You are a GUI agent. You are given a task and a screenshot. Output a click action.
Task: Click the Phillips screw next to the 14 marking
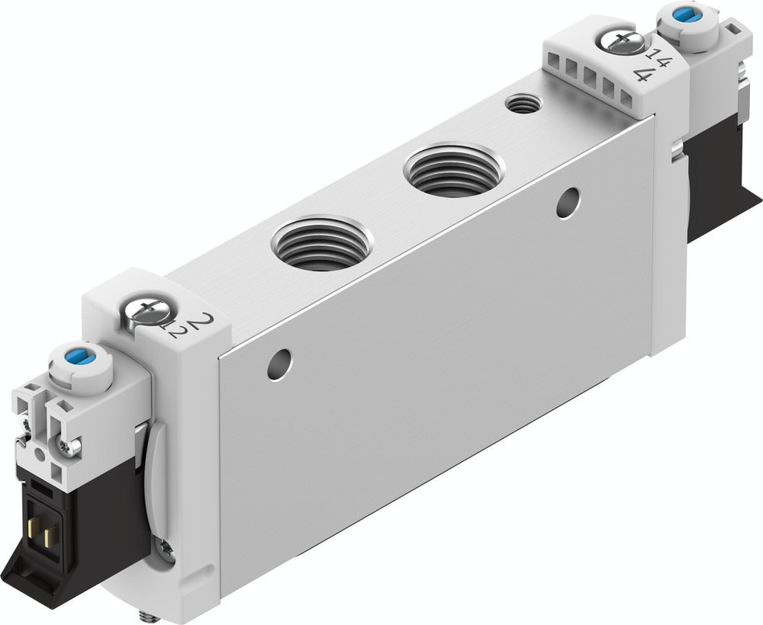pyautogui.click(x=619, y=40)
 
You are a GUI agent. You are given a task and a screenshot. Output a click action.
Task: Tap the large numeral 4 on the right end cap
pyautogui.click(x=642, y=75)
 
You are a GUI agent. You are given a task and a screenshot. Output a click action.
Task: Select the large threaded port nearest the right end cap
pyautogui.click(x=453, y=169)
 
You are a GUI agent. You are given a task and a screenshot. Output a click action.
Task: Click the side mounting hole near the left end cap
pyautogui.click(x=280, y=364)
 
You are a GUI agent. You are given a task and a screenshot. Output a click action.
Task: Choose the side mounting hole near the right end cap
pyautogui.click(x=567, y=202)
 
